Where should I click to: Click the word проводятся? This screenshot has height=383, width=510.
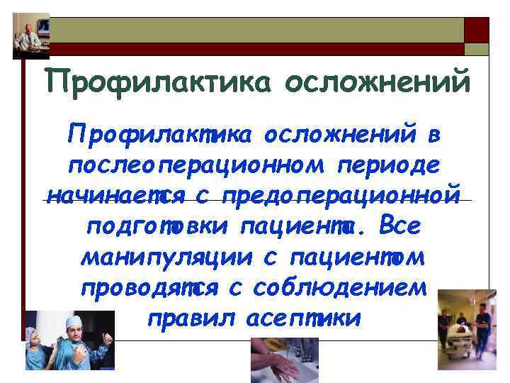pyautogui.click(x=152, y=289)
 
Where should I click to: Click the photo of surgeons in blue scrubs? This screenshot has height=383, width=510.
pyautogui.click(x=69, y=341)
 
